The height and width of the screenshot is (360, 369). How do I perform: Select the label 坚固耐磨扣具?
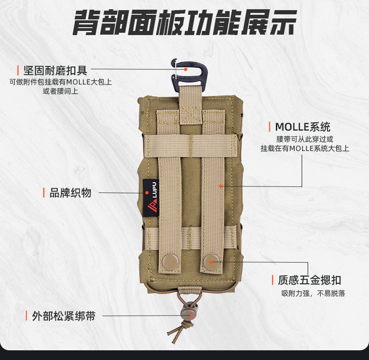tap(55, 71)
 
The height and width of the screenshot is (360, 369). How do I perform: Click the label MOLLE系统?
tap(302, 127)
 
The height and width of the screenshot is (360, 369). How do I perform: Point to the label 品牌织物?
tap(71, 193)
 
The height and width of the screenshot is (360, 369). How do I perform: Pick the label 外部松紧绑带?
tap(64, 316)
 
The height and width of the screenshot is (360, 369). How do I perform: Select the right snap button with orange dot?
tap(211, 261)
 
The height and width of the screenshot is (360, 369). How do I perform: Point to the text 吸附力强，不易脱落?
tap(313, 294)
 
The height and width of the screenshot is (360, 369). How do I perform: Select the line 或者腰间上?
tap(60, 91)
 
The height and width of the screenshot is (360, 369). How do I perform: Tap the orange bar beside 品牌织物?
tap(44, 193)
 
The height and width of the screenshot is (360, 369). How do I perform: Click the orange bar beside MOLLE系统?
tap(270, 127)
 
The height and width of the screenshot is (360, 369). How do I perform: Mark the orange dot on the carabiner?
tap(185, 69)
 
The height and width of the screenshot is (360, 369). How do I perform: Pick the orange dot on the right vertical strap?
tap(221, 186)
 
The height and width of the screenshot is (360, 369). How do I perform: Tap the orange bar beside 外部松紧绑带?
tap(26, 316)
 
